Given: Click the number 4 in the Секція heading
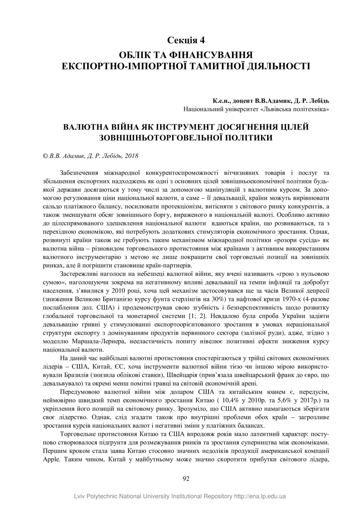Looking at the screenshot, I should pyautogui.click(x=202, y=40).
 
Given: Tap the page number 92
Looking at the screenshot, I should pyautogui.click(x=186, y=478).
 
